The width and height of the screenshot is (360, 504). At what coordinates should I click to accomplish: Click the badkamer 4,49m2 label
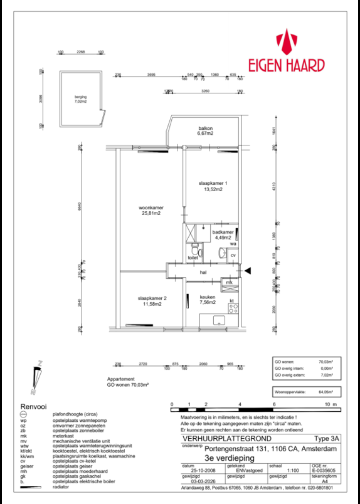coord(222,234)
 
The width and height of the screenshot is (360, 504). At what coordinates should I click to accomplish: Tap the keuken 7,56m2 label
coord(208,300)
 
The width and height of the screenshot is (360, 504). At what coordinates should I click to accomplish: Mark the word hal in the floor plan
coord(203,273)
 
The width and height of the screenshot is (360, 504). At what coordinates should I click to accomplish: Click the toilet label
coord(193,257)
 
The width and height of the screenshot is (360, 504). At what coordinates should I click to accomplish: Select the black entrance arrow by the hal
coord(248,270)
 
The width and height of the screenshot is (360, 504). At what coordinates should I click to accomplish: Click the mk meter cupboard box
coord(229,283)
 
